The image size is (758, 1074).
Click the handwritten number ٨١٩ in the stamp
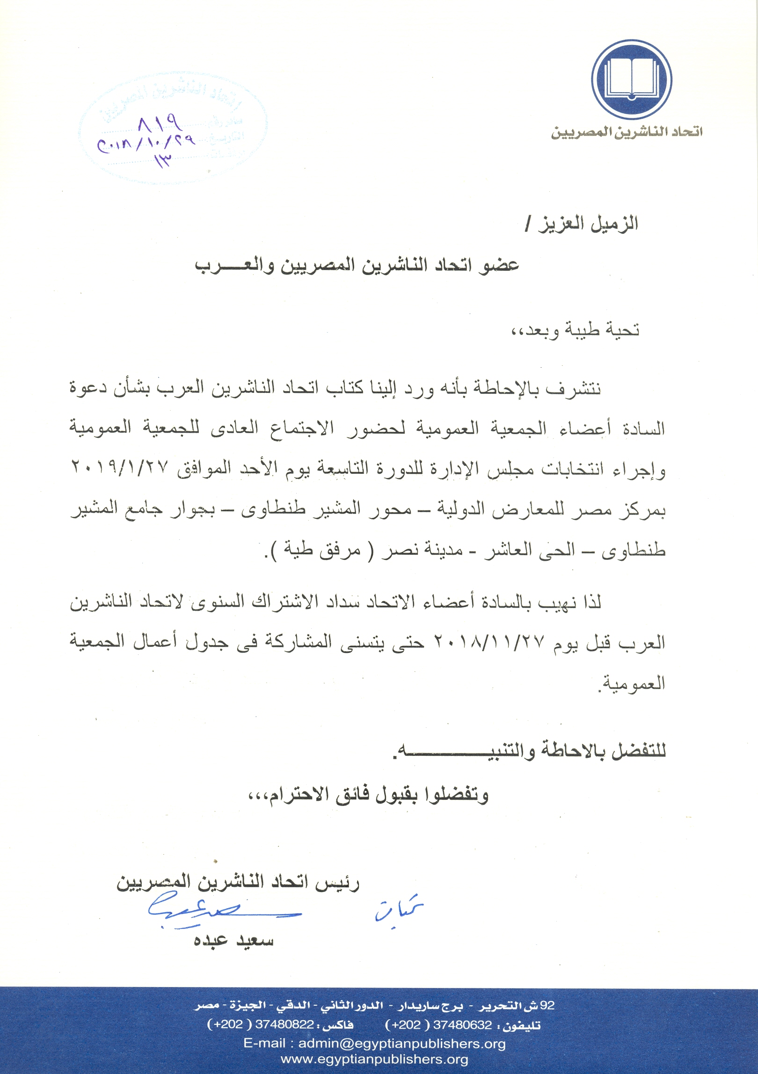point(160,124)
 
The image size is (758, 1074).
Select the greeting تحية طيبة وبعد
point(575,330)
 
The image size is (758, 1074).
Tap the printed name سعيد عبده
point(233,941)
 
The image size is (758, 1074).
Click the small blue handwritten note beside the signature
point(398,909)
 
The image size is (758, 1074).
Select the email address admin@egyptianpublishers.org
point(402,1044)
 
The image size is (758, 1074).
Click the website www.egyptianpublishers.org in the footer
point(374,1059)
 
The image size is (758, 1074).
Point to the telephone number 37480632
point(462,1025)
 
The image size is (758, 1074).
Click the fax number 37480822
point(284,1025)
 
